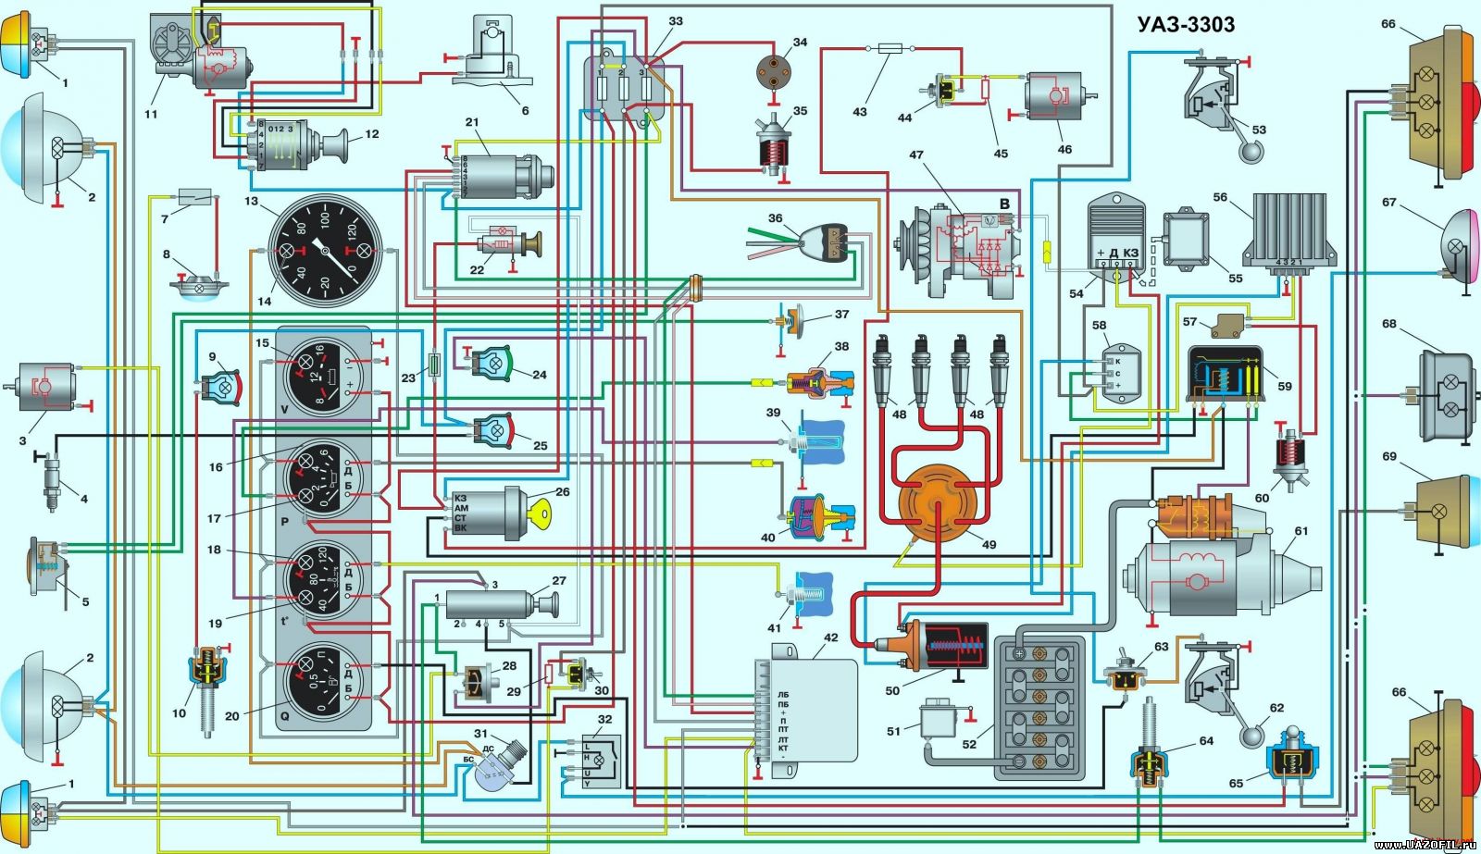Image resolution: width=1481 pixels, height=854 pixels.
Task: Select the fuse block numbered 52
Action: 1042,708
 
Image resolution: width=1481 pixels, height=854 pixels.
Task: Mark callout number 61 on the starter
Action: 1301,531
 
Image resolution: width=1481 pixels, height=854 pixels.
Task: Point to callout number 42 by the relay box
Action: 830,637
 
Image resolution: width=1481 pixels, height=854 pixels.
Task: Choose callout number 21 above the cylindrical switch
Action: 470,123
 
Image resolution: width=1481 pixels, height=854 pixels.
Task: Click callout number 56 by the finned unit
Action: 1220,197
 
